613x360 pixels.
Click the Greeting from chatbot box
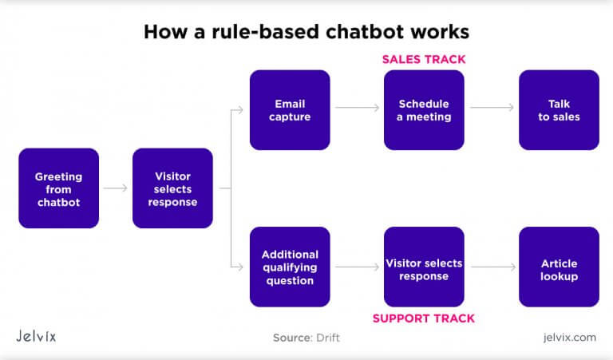pos(58,188)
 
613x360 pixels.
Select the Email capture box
pos(290,110)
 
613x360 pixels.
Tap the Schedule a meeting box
pos(424,110)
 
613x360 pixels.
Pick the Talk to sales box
pos(559,110)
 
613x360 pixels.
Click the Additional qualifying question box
pos(290,267)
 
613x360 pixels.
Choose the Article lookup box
pos(559,267)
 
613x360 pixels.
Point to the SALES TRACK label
pos(424,59)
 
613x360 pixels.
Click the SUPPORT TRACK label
pos(424,318)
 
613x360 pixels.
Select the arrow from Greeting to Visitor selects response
pos(116,188)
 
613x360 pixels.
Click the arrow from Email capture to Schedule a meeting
pos(357,106)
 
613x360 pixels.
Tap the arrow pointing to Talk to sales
pos(492,106)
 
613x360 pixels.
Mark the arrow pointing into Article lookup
pos(492,268)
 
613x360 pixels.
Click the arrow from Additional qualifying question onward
pos(357,268)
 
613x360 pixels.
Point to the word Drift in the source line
pos(326,338)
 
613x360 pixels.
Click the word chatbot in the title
pos(380,32)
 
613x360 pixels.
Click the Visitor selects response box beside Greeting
pos(172,188)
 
